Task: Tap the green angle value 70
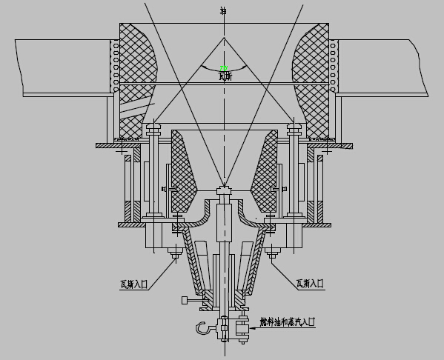223,69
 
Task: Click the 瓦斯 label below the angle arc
225,76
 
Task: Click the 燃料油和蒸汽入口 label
287,322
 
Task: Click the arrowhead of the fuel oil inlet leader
251,325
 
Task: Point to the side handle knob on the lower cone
183,301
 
